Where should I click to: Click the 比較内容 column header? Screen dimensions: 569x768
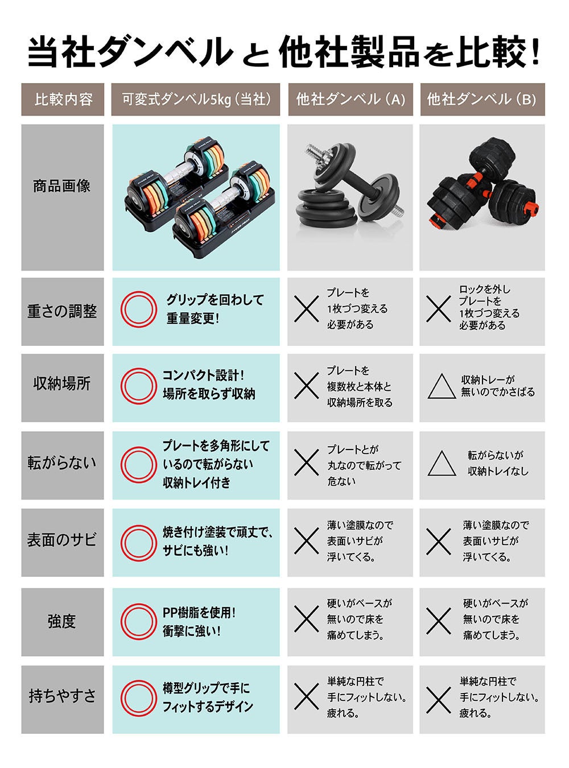(63, 100)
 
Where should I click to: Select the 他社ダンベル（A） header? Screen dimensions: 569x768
(351, 100)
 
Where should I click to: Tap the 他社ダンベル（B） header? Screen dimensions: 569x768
(482, 100)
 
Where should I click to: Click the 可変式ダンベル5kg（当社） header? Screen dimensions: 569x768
(196, 100)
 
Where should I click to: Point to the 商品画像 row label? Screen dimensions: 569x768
(62, 186)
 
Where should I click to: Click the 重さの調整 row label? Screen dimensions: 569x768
(62, 311)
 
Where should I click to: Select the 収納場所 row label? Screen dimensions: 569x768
(62, 383)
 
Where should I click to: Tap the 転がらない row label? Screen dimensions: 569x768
(62, 463)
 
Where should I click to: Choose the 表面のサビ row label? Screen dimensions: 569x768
(62, 540)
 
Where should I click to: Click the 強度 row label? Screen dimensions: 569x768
(62, 621)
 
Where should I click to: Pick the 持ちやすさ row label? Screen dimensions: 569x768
(62, 696)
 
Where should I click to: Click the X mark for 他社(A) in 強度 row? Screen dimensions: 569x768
(307, 619)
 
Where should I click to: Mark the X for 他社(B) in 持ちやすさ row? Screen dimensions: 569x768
(439, 696)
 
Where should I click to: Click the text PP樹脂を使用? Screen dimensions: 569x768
(199, 613)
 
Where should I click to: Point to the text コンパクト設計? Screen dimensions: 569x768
(203, 375)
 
